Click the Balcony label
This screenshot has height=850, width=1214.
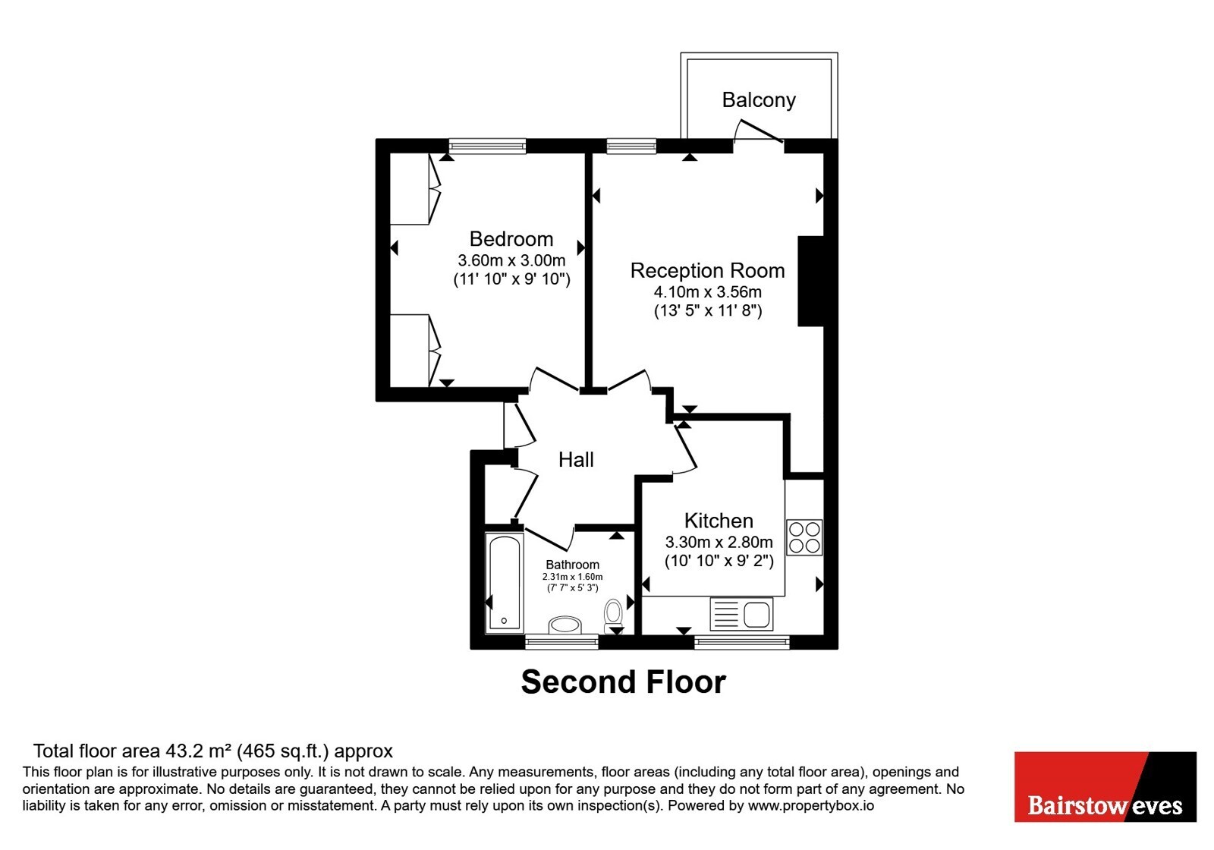(758, 100)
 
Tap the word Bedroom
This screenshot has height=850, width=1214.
(511, 239)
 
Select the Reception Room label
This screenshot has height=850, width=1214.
(707, 270)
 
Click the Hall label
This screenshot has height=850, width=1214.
(576, 460)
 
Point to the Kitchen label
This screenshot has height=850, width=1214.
(719, 521)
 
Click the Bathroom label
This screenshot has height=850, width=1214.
(572, 565)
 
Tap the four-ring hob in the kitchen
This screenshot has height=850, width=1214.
(804, 537)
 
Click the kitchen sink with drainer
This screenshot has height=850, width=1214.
(741, 614)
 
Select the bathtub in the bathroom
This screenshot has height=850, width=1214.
(504, 583)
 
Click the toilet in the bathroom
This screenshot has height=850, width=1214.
(613, 615)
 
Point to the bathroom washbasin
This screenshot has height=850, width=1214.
(565, 625)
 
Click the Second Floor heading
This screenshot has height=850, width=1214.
(623, 682)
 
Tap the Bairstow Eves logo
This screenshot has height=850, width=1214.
(1105, 786)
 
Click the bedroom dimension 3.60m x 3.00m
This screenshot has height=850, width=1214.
(511, 260)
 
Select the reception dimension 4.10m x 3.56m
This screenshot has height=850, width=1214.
(708, 291)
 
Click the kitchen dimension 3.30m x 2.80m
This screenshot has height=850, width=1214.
(719, 542)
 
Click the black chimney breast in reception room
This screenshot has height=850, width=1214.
(811, 281)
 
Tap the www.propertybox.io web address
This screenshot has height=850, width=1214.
(811, 805)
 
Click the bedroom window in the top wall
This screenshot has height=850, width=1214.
(487, 146)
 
